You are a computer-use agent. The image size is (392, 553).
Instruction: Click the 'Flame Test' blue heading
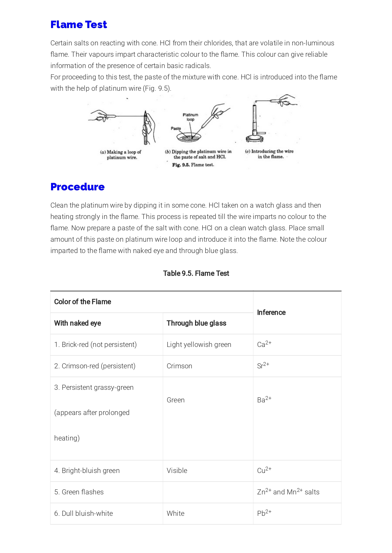tap(79, 25)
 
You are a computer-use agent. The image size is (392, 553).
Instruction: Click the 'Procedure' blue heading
tap(78, 187)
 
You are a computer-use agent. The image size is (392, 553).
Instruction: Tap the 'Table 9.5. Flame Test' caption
tap(196, 274)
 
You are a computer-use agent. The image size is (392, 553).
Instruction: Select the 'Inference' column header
tap(271, 313)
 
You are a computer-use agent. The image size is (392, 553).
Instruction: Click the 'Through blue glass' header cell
tap(196, 323)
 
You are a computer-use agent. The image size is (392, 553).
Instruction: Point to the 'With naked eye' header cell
tap(78, 323)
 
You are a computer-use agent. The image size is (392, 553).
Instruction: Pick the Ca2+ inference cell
tap(264, 344)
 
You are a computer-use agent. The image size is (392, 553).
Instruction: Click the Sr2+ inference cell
tap(263, 366)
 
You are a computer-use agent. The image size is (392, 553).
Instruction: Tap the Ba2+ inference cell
tap(264, 400)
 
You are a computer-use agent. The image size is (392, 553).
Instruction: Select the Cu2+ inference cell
tap(264, 470)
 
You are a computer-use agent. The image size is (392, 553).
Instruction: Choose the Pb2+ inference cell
tap(264, 513)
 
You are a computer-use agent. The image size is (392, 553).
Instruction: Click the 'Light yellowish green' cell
tap(199, 345)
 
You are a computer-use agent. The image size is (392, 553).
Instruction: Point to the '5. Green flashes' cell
tap(79, 492)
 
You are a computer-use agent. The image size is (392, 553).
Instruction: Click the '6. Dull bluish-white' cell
tap(84, 514)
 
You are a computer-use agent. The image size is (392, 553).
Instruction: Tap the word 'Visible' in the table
tap(177, 471)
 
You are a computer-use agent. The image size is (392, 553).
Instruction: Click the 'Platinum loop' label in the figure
tap(190, 117)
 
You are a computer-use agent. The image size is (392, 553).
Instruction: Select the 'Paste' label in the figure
tap(176, 129)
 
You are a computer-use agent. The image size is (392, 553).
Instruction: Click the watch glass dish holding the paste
tap(188, 137)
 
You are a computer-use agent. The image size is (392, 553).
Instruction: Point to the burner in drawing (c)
tap(255, 126)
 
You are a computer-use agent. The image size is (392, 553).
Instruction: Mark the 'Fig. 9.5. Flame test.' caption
tap(193, 165)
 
